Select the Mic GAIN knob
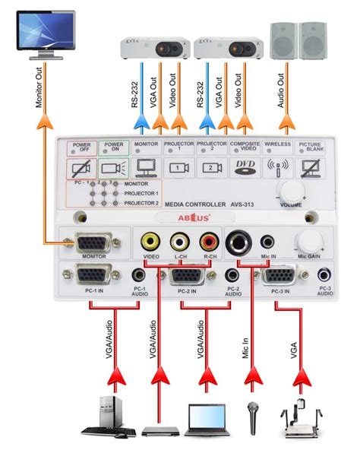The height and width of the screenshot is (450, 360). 309,242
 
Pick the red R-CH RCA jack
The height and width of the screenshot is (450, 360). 208,242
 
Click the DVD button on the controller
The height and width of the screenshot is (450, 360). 244,168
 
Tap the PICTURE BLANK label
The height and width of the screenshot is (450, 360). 310,147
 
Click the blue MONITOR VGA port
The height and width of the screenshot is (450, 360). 93,244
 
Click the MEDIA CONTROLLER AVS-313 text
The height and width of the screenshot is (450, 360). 200,204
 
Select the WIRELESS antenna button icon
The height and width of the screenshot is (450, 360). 276,168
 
